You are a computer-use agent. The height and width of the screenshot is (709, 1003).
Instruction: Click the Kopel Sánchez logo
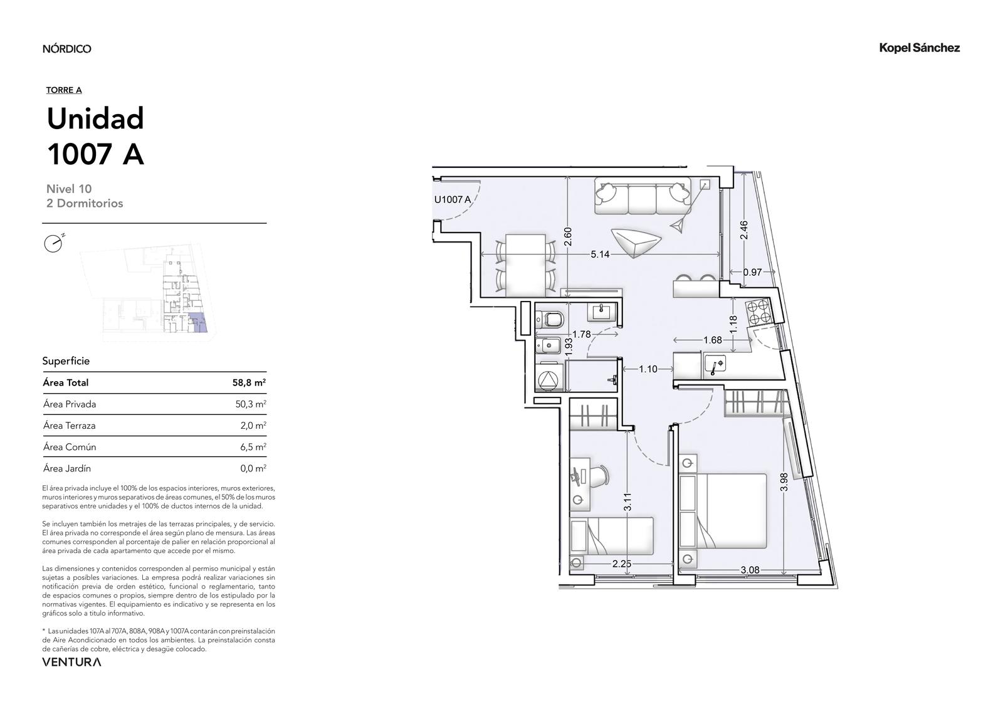pos(919,48)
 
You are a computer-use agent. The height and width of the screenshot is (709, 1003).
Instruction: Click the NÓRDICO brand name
pos(67,48)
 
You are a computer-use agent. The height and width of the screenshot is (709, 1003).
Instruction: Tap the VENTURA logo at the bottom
pos(71,662)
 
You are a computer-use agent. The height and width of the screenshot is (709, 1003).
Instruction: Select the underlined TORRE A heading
pos(64,90)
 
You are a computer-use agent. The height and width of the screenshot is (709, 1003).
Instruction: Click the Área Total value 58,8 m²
pos(249,382)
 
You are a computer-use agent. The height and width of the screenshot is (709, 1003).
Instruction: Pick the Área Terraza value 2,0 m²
pos(253,426)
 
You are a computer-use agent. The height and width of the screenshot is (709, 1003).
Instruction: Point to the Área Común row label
pos(70,446)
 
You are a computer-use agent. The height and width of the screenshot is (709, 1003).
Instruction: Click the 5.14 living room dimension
pos(600,255)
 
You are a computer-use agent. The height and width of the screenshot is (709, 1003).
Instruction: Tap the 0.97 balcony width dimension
pos(752,272)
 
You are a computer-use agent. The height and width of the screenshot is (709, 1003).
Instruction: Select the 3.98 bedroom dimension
pos(784,482)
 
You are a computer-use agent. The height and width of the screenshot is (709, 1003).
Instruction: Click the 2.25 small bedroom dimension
pos(622,564)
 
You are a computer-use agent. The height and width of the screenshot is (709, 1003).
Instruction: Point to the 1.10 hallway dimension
pos(648,369)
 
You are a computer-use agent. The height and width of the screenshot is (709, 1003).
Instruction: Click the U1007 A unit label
pos(452,200)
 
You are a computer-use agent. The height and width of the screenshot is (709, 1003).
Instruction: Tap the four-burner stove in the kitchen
pos(758,312)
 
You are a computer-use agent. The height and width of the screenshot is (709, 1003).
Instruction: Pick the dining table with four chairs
pos(526,265)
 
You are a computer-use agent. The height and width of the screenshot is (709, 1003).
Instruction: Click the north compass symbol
pos(54,243)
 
